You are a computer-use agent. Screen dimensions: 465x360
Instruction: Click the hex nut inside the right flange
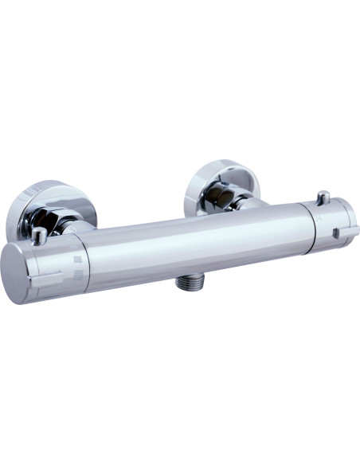coord(223,195)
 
